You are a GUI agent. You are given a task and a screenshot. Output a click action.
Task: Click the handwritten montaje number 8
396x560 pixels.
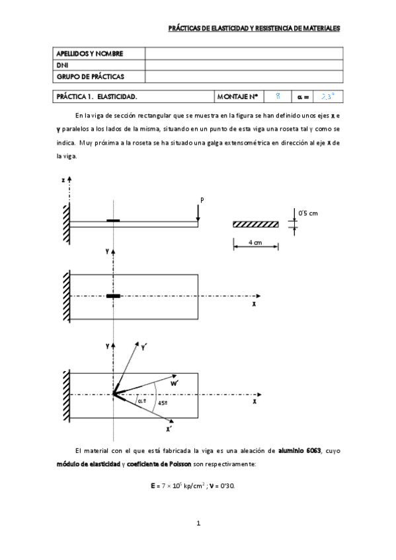[278, 96]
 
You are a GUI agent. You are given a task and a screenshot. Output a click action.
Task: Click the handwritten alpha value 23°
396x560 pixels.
[327, 96]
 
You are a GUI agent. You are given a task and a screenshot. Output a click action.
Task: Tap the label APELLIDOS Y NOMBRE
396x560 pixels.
[90, 53]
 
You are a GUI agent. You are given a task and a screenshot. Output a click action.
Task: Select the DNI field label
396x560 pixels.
[63, 65]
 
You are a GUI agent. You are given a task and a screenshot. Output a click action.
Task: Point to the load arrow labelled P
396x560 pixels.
[198, 210]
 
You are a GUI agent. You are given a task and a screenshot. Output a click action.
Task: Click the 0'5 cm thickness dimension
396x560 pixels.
[309, 213]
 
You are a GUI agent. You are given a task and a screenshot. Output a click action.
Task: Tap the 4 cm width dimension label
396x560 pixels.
[255, 242]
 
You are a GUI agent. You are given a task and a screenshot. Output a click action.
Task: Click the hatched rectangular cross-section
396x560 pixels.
[255, 225]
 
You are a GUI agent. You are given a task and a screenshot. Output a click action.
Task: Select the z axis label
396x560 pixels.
[62, 180]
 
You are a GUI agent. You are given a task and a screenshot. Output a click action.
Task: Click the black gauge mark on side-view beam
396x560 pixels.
[114, 220]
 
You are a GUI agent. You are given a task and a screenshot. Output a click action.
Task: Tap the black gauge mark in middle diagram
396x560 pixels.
[114, 297]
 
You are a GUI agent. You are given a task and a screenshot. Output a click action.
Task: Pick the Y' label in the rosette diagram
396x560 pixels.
[144, 345]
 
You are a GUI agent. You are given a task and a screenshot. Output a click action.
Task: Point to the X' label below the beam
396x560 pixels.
[170, 429]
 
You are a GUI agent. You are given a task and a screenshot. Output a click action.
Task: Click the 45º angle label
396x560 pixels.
[161, 402]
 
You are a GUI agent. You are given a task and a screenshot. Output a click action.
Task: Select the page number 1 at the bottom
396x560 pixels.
[198, 524]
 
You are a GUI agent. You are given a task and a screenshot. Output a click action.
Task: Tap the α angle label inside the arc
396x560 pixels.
[139, 400]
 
